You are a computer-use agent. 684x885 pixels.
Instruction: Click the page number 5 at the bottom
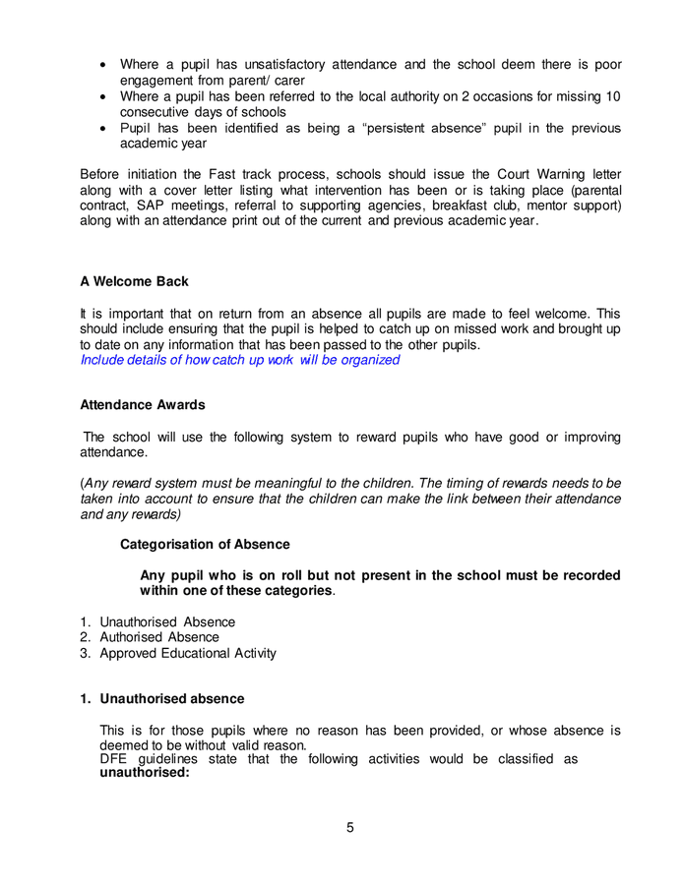[349, 827]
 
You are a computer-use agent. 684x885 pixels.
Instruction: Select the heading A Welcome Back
[134, 281]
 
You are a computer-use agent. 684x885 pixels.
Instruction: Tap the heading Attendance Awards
[142, 404]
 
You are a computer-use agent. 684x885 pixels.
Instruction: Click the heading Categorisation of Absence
[205, 544]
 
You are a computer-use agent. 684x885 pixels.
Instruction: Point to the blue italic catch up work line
[239, 360]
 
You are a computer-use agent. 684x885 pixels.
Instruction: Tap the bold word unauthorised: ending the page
[145, 773]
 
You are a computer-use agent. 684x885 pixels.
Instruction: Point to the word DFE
[115, 759]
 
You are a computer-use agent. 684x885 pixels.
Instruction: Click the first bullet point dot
[105, 65]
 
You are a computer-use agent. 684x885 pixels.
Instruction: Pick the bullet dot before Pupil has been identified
[105, 128]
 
